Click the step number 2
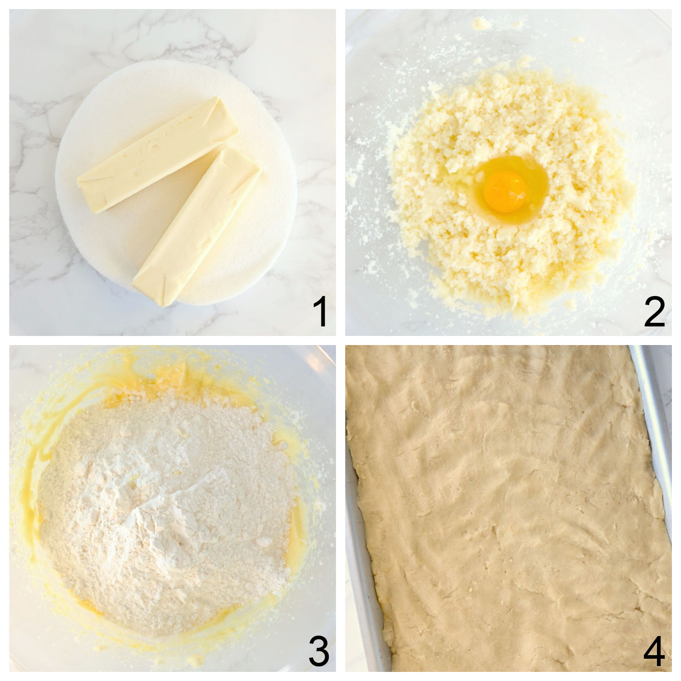pos(654,313)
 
